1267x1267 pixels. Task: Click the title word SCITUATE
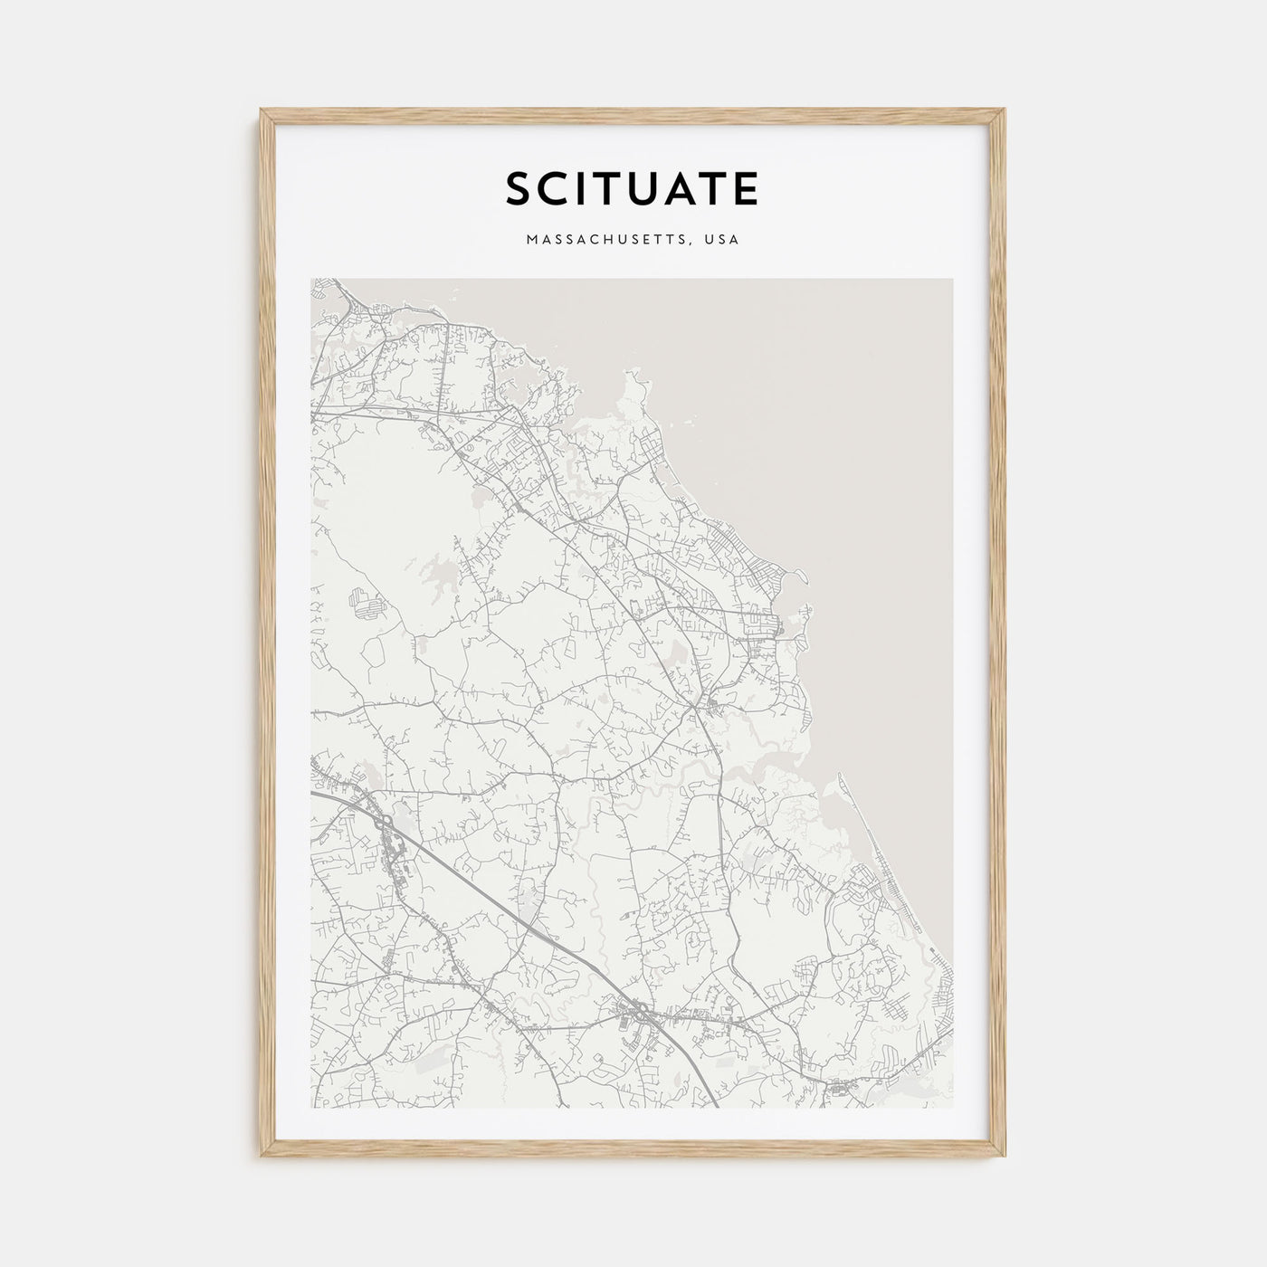pyautogui.click(x=632, y=189)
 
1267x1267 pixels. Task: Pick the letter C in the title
pyautogui.click(x=554, y=189)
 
